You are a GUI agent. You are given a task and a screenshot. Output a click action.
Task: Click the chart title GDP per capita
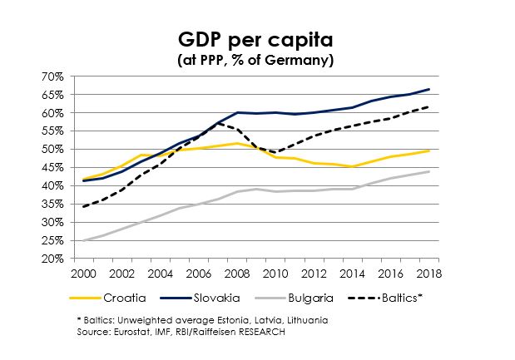tap(257, 40)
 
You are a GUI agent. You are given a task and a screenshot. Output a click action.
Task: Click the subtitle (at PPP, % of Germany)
tap(257, 60)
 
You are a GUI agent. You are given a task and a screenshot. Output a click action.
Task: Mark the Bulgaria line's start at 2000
tap(84, 241)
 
